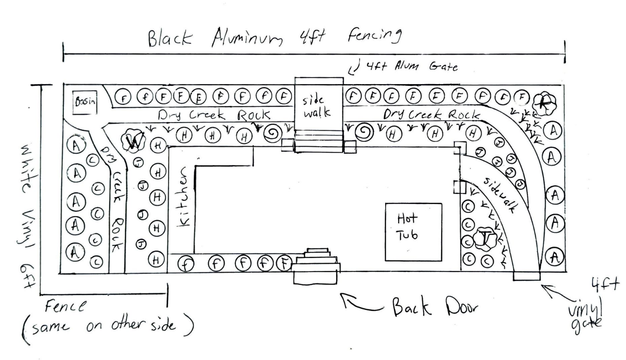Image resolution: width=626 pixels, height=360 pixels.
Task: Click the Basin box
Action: [x=84, y=102]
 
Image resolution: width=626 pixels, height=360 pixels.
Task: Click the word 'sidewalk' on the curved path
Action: [x=499, y=195]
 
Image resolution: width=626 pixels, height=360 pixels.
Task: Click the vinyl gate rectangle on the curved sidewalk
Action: [x=527, y=275]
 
